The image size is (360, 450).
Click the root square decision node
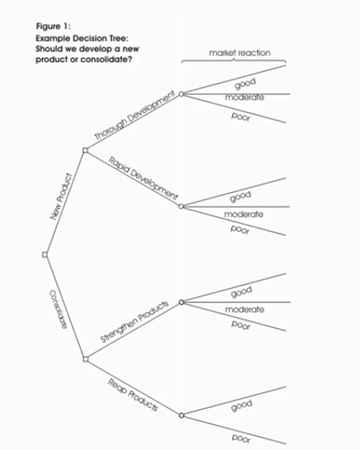(45, 255)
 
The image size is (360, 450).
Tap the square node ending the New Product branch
(85, 150)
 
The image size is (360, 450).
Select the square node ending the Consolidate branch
(85, 359)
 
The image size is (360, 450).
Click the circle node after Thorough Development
(181, 94)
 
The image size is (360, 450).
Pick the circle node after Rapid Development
(181, 206)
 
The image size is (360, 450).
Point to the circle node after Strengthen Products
(181, 302)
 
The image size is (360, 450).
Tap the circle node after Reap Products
(181, 415)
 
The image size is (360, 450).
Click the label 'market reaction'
(239, 53)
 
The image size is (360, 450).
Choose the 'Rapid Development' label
(142, 177)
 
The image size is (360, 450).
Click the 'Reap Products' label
(132, 394)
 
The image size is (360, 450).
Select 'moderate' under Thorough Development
(244, 97)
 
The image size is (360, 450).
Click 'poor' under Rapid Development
(240, 230)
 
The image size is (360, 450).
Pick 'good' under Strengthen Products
(241, 292)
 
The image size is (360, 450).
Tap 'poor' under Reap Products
(241, 438)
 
